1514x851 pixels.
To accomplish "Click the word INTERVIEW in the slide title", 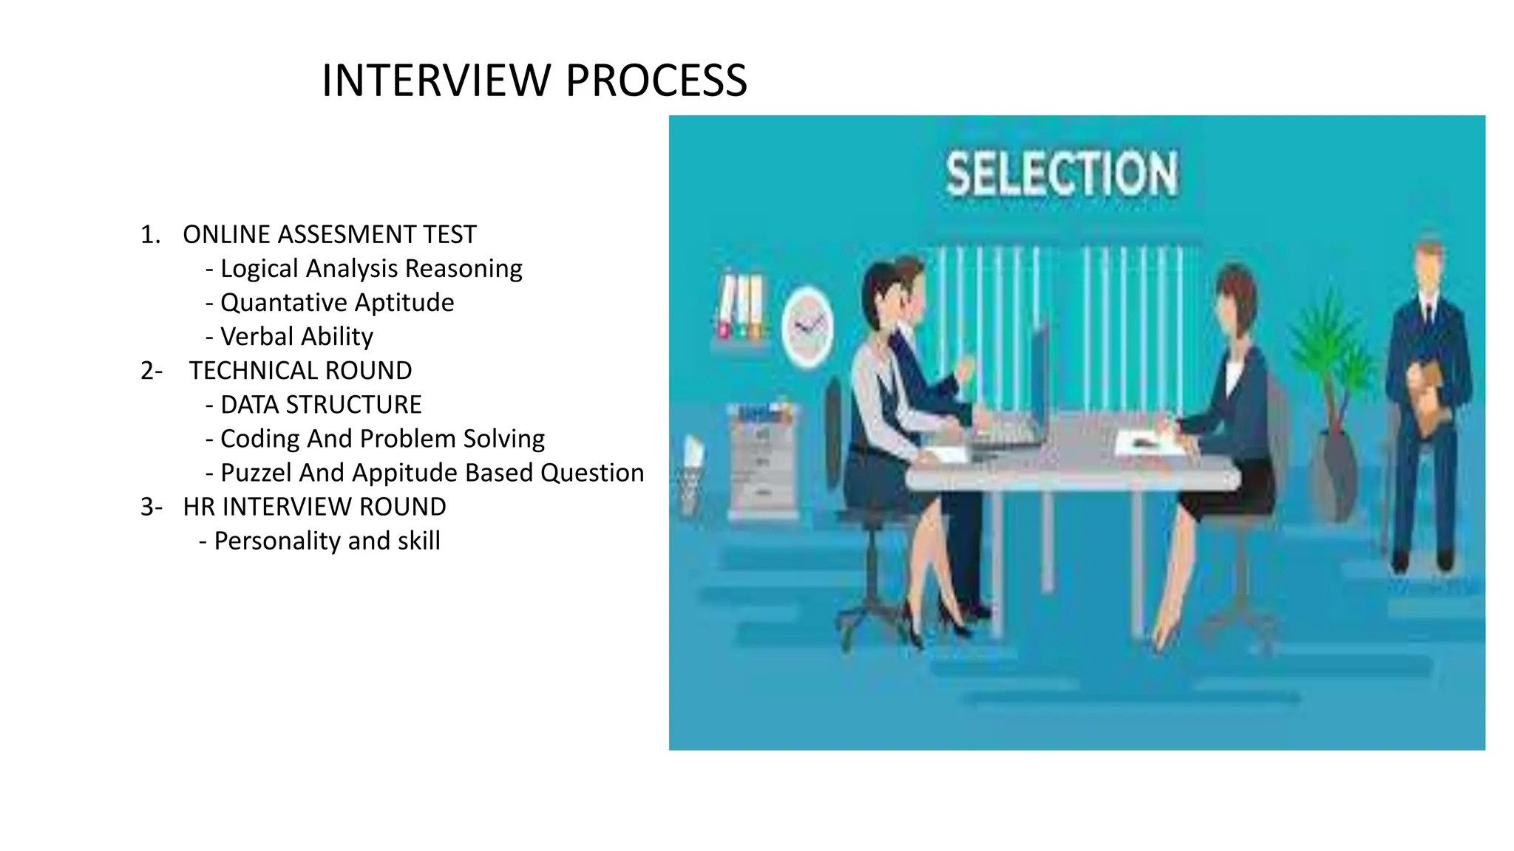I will [437, 81].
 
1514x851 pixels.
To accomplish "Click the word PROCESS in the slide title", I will [656, 81].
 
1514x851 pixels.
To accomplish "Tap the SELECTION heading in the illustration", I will [1062, 174].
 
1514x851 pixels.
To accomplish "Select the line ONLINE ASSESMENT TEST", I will [329, 235].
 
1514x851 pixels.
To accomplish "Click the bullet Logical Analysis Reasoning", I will [370, 269].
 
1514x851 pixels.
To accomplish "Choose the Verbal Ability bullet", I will [296, 337].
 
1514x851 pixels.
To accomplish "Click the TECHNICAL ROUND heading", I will [299, 371].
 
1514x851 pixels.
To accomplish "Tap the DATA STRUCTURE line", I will [320, 405].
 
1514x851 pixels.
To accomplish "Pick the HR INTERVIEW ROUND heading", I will [314, 507].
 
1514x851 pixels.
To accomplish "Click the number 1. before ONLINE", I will [150, 235].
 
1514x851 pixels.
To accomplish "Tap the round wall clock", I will [807, 327].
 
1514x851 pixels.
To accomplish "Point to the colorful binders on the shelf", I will [740, 307].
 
